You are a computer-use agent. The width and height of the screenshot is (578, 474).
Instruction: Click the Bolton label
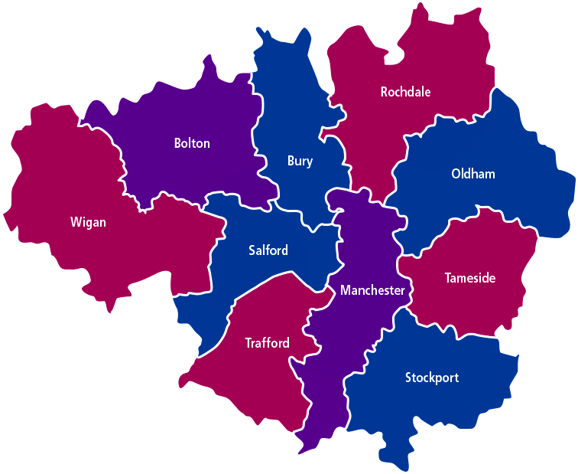coord(192,143)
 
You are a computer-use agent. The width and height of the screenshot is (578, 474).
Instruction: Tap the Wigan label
coord(88,223)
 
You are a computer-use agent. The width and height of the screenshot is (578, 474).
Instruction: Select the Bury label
coord(300,161)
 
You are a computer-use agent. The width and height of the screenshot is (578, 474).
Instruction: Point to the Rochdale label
coord(405,92)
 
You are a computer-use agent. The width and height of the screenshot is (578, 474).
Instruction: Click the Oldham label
coord(473,174)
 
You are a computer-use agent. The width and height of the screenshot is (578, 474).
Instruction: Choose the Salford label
coord(268,250)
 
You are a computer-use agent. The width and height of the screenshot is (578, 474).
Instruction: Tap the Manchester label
coord(372,290)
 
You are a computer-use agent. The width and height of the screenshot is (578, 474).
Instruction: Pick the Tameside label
coord(470,278)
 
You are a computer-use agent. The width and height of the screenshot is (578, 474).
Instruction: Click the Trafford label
coord(267,342)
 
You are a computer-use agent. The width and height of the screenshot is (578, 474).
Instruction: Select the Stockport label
coord(432,378)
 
